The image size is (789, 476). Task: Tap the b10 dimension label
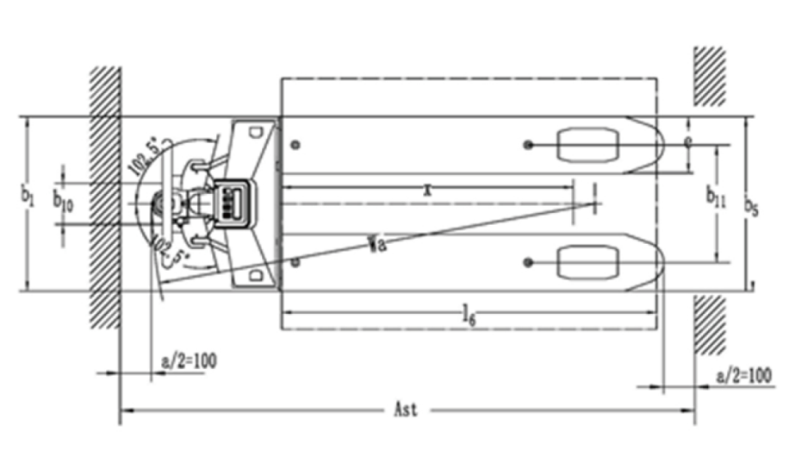pos(63,202)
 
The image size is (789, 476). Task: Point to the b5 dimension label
pos(751,207)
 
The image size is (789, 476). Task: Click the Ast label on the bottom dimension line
pos(405,410)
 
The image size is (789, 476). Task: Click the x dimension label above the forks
pos(427,191)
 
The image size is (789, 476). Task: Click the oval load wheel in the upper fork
pos(588,145)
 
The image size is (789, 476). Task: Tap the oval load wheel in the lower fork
pos(588,262)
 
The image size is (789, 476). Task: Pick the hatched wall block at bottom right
pos(711,325)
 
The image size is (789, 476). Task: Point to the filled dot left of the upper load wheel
pos(527,145)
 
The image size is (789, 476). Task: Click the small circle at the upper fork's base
pos(295,145)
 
